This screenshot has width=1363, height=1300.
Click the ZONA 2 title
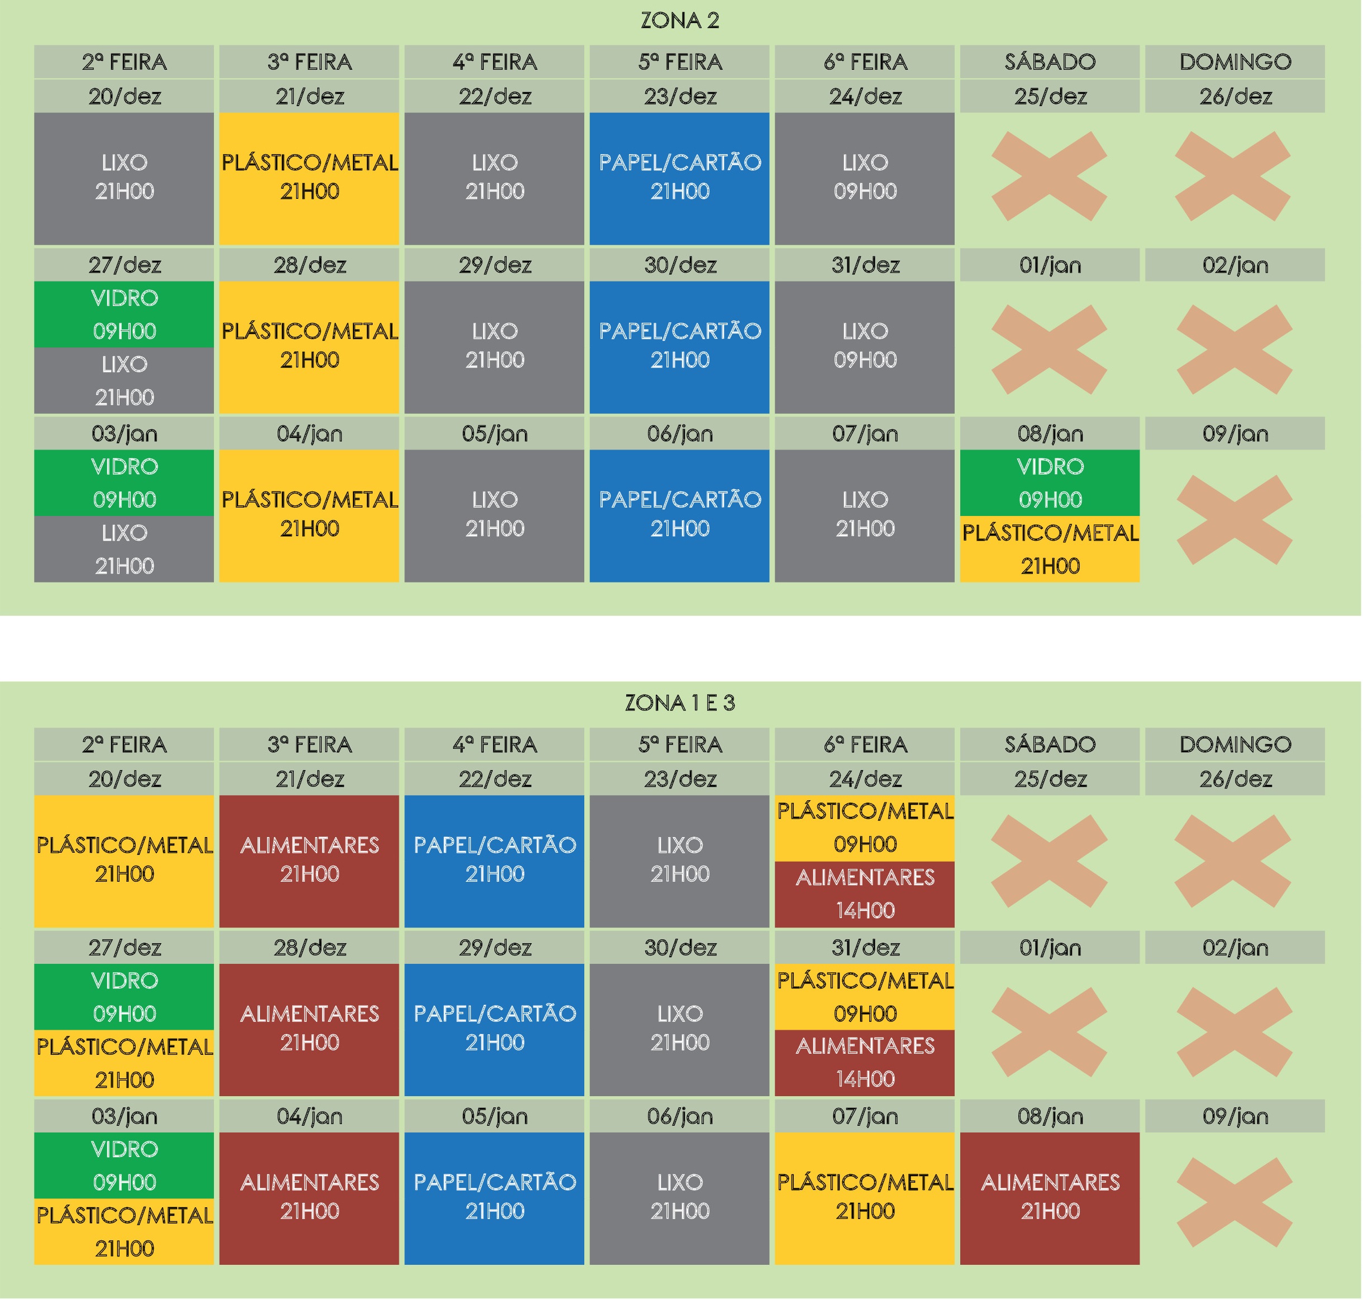679,21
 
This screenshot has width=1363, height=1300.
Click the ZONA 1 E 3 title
679,704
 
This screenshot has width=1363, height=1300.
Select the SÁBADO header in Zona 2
1050,61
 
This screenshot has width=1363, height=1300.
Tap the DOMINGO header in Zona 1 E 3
1235,744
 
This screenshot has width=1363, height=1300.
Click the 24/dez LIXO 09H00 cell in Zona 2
865,178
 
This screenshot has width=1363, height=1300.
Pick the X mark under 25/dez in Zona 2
1049,176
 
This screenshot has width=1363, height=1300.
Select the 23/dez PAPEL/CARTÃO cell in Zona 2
679,178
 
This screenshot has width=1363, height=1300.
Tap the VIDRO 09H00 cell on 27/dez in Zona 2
124,314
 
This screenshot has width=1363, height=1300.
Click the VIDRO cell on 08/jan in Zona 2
1050,482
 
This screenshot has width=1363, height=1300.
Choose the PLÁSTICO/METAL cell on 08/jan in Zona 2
1050,549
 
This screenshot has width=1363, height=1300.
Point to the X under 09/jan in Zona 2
1234,520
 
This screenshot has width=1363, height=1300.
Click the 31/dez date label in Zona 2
865,265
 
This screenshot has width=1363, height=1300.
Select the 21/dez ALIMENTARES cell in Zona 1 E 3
309,860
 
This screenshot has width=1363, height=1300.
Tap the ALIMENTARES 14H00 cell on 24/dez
865,894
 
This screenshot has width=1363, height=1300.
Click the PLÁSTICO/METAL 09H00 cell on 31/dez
865,996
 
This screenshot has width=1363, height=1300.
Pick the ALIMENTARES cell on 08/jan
1050,1197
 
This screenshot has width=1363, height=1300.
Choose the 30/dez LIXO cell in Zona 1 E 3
679,1029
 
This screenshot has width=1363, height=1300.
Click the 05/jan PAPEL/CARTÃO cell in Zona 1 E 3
494,1197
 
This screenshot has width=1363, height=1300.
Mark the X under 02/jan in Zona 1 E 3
1234,1032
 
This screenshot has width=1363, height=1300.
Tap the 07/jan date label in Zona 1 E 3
865,1116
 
